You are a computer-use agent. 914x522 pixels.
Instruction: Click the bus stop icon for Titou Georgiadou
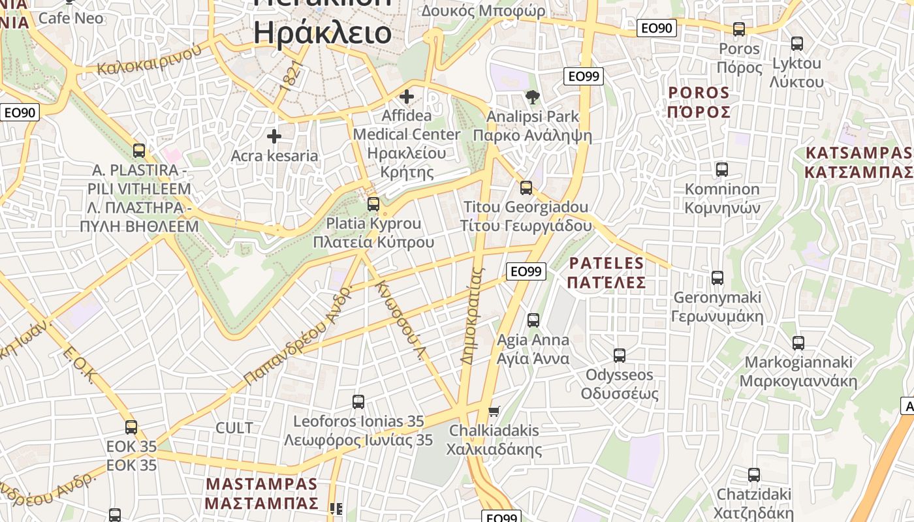[x=526, y=188]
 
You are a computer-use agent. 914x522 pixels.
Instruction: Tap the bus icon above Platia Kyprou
[x=373, y=204]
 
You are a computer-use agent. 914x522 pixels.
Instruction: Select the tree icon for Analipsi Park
[x=533, y=98]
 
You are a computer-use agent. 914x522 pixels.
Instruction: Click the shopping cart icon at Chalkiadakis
[x=494, y=411]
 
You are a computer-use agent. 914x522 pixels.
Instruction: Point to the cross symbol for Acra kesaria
[x=274, y=136]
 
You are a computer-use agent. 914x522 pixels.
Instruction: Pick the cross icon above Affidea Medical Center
[x=407, y=97]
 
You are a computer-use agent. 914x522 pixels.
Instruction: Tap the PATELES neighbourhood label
[x=607, y=273]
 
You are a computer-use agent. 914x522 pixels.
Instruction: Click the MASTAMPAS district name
[x=261, y=494]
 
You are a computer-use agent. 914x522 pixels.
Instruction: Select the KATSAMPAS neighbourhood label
[x=858, y=162]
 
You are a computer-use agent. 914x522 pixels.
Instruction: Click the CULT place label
[x=234, y=428]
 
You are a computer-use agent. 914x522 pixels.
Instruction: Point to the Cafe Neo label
[x=71, y=18]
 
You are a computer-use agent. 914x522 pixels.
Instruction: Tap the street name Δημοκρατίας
[x=473, y=315]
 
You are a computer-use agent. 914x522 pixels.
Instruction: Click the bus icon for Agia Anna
[x=533, y=320]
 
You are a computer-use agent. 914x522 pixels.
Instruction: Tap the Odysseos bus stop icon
[x=620, y=356]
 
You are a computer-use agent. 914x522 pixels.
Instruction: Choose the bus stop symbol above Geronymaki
[x=717, y=278]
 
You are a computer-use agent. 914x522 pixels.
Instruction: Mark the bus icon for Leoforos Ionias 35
[x=358, y=402]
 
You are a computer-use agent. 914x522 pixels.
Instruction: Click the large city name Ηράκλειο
[x=323, y=33]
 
